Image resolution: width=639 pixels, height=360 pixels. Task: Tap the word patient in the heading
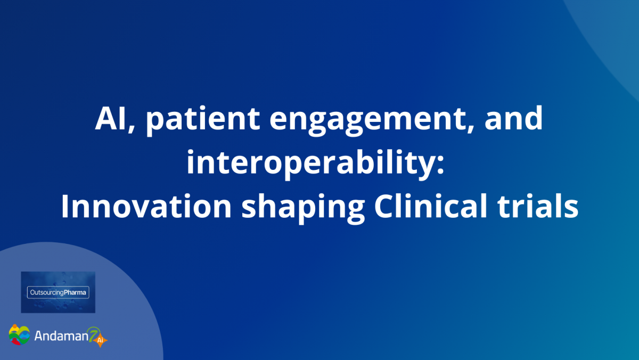[x=202, y=120]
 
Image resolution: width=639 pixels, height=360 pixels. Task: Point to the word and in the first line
[x=513, y=118]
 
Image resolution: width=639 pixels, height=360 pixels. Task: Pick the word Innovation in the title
[x=146, y=206]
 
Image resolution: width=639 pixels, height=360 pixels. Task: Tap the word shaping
[x=303, y=208]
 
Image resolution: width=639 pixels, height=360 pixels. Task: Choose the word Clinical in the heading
[x=431, y=206]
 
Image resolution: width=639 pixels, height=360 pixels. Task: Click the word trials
[x=537, y=206]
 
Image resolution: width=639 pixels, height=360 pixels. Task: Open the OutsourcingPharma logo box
[x=58, y=292]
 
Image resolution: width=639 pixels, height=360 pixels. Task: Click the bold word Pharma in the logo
[x=75, y=292]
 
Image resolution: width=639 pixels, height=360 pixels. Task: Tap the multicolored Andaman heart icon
[x=19, y=334]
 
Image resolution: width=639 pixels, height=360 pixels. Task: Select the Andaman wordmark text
[x=61, y=336]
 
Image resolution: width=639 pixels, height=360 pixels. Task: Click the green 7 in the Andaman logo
[x=93, y=334]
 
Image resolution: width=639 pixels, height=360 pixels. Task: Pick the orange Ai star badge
[x=100, y=340]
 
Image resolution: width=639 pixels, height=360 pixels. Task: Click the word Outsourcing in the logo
[x=47, y=293]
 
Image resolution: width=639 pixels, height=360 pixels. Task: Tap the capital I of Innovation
[x=65, y=206]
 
